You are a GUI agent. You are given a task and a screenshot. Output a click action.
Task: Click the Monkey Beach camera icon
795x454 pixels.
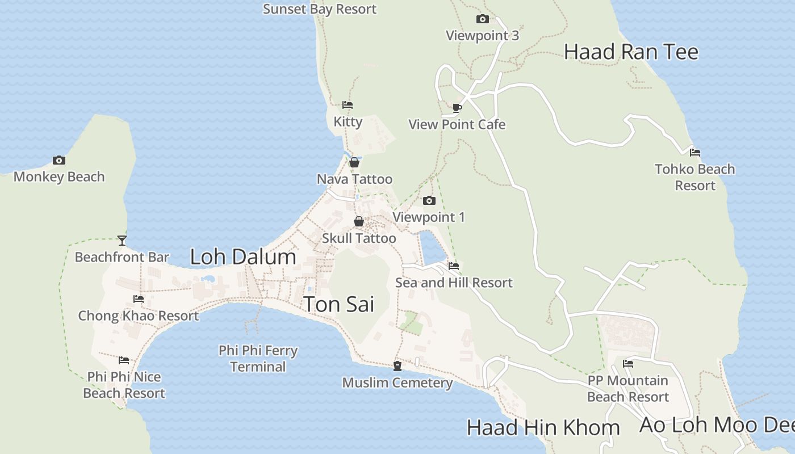[x=59, y=161]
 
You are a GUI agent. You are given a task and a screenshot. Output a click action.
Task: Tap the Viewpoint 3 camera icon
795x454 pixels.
[x=482, y=19]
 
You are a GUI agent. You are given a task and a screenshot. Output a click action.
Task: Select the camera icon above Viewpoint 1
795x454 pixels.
[x=429, y=200]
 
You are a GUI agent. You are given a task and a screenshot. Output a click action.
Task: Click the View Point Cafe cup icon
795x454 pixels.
[x=457, y=108]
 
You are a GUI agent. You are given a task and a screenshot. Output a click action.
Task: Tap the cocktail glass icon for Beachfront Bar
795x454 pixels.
[x=122, y=241]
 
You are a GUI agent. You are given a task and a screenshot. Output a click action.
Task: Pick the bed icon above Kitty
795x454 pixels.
[x=348, y=105]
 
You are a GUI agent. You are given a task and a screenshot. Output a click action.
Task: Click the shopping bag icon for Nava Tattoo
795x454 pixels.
[x=354, y=163]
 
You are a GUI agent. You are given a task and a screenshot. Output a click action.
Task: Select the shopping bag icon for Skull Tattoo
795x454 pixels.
[x=359, y=221]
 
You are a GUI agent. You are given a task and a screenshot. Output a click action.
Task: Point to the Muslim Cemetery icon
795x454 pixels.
[x=397, y=366]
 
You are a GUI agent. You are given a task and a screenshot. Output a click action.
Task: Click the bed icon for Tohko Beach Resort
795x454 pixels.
[x=694, y=153]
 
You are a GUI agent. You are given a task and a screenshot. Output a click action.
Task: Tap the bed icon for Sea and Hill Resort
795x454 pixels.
[x=453, y=266]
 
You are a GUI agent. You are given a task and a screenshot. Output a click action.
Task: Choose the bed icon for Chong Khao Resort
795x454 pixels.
[x=139, y=299]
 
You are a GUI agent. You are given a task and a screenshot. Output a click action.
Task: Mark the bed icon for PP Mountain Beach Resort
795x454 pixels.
[x=628, y=364]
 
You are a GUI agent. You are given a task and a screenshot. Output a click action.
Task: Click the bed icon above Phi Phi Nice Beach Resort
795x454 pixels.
[x=124, y=360]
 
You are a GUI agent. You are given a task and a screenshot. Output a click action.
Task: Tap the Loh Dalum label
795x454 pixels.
[x=243, y=257]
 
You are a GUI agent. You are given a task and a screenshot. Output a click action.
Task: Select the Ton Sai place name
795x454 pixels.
[x=339, y=304]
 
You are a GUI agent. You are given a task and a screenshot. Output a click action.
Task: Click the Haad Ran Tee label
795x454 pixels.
[x=631, y=52]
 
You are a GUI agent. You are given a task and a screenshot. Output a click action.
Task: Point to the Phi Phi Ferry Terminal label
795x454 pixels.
[x=258, y=359]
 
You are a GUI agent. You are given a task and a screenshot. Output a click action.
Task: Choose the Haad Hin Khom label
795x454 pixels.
[x=543, y=427]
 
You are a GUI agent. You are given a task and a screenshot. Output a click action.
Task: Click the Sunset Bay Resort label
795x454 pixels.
[x=320, y=9]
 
